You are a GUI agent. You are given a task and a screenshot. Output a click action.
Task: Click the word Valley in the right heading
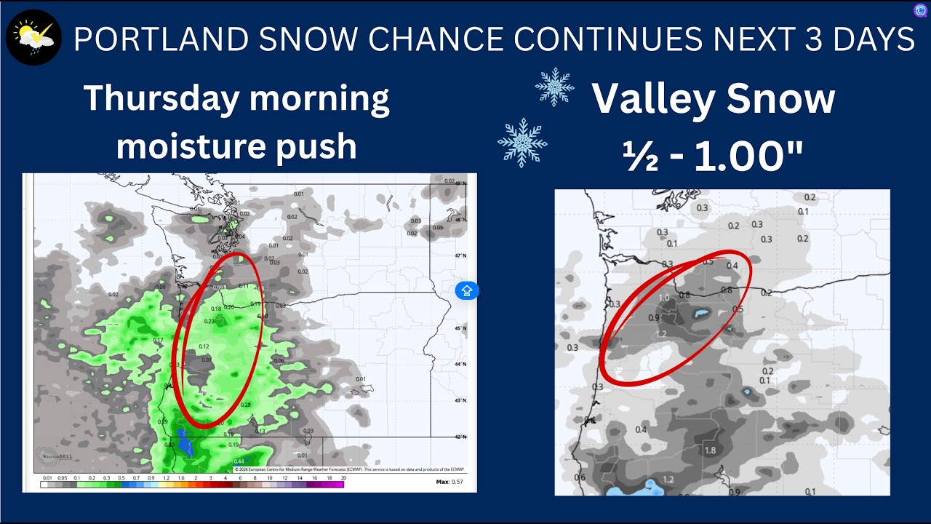click(654, 99)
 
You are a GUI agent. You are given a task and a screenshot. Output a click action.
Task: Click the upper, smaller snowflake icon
click(554, 87)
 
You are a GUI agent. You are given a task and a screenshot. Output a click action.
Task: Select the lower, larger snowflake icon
click(522, 143)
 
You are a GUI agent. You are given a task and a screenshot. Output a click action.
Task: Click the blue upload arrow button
click(466, 291)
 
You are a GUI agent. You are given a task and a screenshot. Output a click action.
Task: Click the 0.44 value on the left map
click(239, 461)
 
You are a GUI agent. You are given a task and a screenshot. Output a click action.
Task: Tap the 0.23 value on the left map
click(209, 321)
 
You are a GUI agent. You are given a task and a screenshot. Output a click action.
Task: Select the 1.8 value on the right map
click(711, 450)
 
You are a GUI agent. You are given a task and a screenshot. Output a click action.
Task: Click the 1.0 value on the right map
click(664, 298)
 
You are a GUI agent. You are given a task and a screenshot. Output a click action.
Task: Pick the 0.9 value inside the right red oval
click(654, 318)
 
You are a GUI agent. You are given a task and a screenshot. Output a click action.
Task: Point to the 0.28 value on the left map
click(245, 405)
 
